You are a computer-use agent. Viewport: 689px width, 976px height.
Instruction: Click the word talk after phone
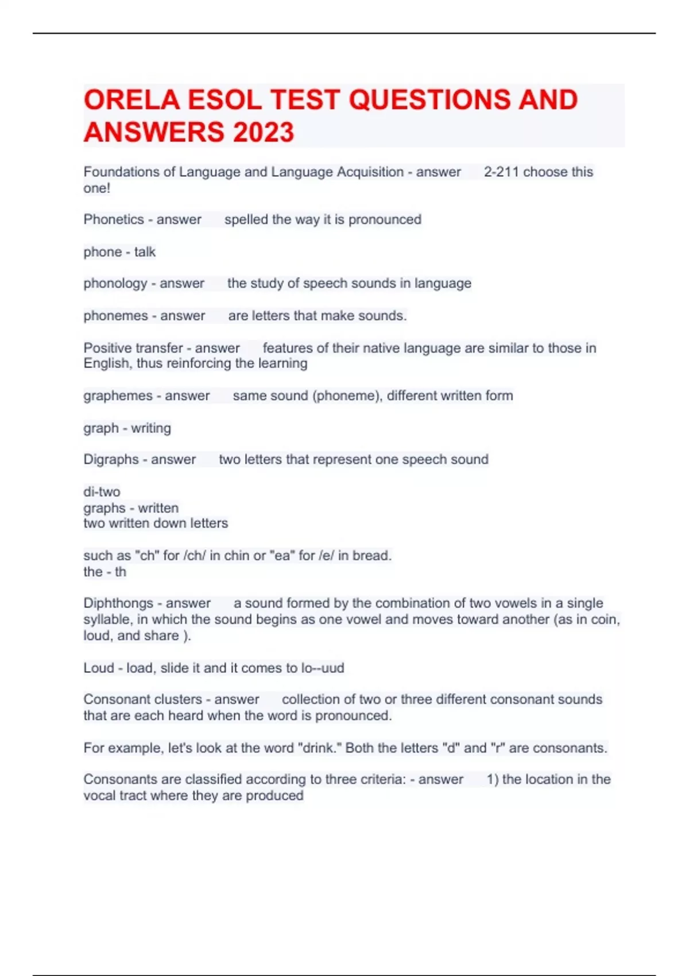145,252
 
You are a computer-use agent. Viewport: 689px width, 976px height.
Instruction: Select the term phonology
115,284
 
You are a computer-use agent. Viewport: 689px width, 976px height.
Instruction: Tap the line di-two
102,492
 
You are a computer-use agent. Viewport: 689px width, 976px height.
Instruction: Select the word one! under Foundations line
96,188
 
